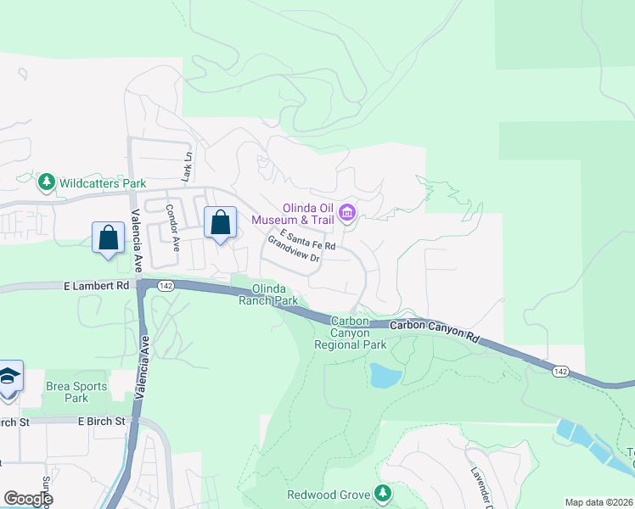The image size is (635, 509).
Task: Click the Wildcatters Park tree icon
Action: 46,182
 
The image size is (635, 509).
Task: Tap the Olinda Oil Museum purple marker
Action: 346,212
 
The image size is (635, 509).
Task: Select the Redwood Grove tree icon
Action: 385,493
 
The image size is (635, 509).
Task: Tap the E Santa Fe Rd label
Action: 306,239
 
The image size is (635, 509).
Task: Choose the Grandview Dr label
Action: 293,252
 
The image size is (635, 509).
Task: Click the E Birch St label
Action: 101,421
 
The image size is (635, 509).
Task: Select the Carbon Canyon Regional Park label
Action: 350,333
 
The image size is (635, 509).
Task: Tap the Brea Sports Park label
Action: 76,392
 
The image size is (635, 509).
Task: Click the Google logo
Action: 27,498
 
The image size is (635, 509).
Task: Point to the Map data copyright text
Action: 599,502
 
